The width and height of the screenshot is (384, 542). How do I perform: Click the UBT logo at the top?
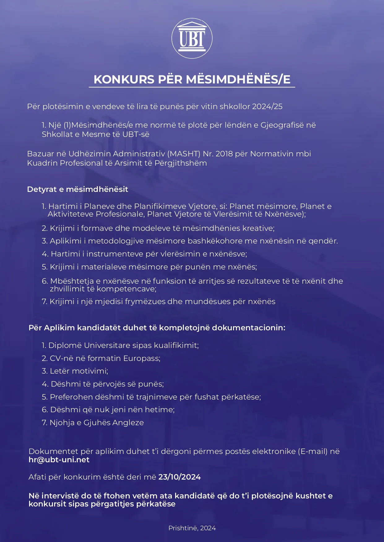[192, 38]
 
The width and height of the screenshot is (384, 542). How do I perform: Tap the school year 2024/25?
[267, 107]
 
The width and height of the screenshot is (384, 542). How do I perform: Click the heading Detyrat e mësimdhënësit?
[77, 189]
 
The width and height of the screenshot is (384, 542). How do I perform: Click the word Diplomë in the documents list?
[65, 345]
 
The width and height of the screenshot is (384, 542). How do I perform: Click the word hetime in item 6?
[164, 410]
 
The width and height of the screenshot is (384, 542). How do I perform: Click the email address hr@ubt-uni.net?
[59, 460]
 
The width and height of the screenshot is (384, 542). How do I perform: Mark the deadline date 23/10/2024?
[179, 477]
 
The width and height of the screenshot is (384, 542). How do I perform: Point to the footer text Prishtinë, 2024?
[192, 528]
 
